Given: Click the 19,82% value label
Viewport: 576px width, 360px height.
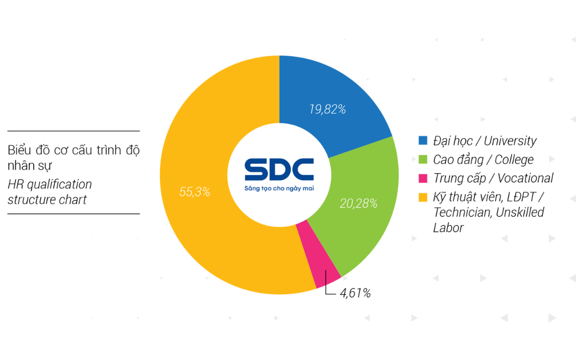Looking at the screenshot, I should coord(327,109).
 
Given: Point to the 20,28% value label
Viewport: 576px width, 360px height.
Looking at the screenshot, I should coord(358,203).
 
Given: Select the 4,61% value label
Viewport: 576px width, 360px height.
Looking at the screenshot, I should coord(355,293).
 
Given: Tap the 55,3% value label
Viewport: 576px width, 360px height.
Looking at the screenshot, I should coord(195,192).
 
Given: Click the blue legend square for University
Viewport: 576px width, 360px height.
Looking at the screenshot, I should coord(423,141).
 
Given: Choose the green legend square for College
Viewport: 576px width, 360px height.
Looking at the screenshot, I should coord(423,159).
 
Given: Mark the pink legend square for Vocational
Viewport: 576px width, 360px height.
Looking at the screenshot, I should coord(423,178).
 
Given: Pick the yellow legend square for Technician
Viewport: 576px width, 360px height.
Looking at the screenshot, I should coord(423,197).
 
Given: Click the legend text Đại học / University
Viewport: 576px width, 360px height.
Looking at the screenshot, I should coord(485,141).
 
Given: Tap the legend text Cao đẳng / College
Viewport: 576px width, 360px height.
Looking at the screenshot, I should coord(483,160).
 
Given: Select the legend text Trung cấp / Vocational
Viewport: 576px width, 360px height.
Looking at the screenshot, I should coord(493,178).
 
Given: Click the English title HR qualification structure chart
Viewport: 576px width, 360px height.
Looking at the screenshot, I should coord(49,192).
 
